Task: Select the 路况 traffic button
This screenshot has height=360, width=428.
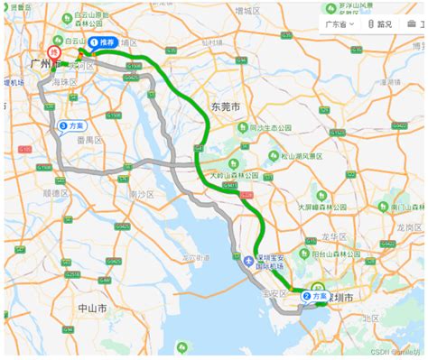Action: (x=380, y=25)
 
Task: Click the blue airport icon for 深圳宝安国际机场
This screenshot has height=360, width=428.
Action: (x=250, y=262)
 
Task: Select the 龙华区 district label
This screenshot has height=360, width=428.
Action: (x=332, y=236)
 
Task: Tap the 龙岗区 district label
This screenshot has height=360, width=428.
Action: (x=411, y=228)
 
